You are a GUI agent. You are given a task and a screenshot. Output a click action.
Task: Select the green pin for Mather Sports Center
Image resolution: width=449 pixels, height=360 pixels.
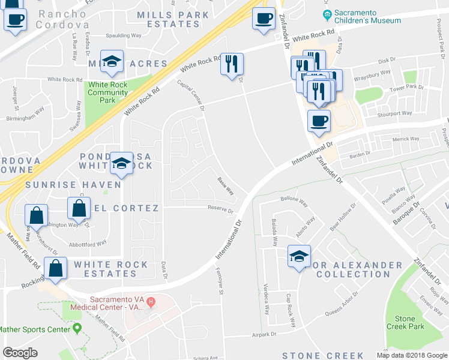(77, 329)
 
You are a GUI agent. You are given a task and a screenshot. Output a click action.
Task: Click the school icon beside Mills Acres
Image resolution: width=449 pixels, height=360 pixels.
(112, 62)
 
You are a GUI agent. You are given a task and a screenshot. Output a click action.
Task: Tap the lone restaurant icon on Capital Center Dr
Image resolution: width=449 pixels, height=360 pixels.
(232, 64)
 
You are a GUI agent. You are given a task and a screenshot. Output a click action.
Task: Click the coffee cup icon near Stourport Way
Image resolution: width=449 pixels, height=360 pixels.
(319, 121)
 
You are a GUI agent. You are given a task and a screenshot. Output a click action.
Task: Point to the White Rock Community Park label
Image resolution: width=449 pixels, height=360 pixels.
(107, 92)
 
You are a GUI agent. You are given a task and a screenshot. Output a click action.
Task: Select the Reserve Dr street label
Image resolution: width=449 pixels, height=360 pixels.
(220, 210)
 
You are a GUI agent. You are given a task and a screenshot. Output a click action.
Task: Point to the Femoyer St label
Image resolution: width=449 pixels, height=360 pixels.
(220, 281)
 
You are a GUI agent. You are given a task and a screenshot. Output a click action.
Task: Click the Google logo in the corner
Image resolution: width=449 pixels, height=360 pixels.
(20, 353)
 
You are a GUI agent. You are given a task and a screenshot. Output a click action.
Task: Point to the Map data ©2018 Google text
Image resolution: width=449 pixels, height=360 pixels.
(411, 355)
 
